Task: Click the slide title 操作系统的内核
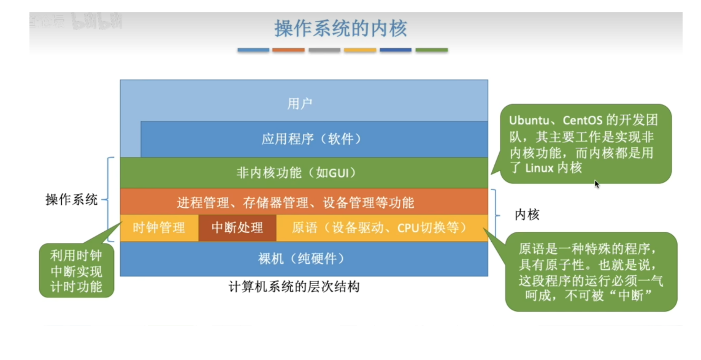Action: click(x=340, y=28)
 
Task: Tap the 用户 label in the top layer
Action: click(x=300, y=104)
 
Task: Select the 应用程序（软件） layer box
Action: click(x=312, y=139)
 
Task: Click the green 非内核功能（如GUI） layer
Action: click(x=304, y=172)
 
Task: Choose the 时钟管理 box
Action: click(x=159, y=228)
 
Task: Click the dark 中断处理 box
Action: click(x=237, y=228)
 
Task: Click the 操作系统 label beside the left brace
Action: click(x=72, y=200)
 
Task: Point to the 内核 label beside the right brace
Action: click(x=526, y=215)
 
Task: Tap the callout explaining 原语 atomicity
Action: click(x=591, y=271)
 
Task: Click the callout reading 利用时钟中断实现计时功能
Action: click(x=77, y=270)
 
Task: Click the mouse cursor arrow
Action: click(x=597, y=183)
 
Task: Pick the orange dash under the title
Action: click(x=288, y=50)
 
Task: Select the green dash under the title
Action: click(x=431, y=50)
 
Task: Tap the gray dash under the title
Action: click(x=324, y=50)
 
